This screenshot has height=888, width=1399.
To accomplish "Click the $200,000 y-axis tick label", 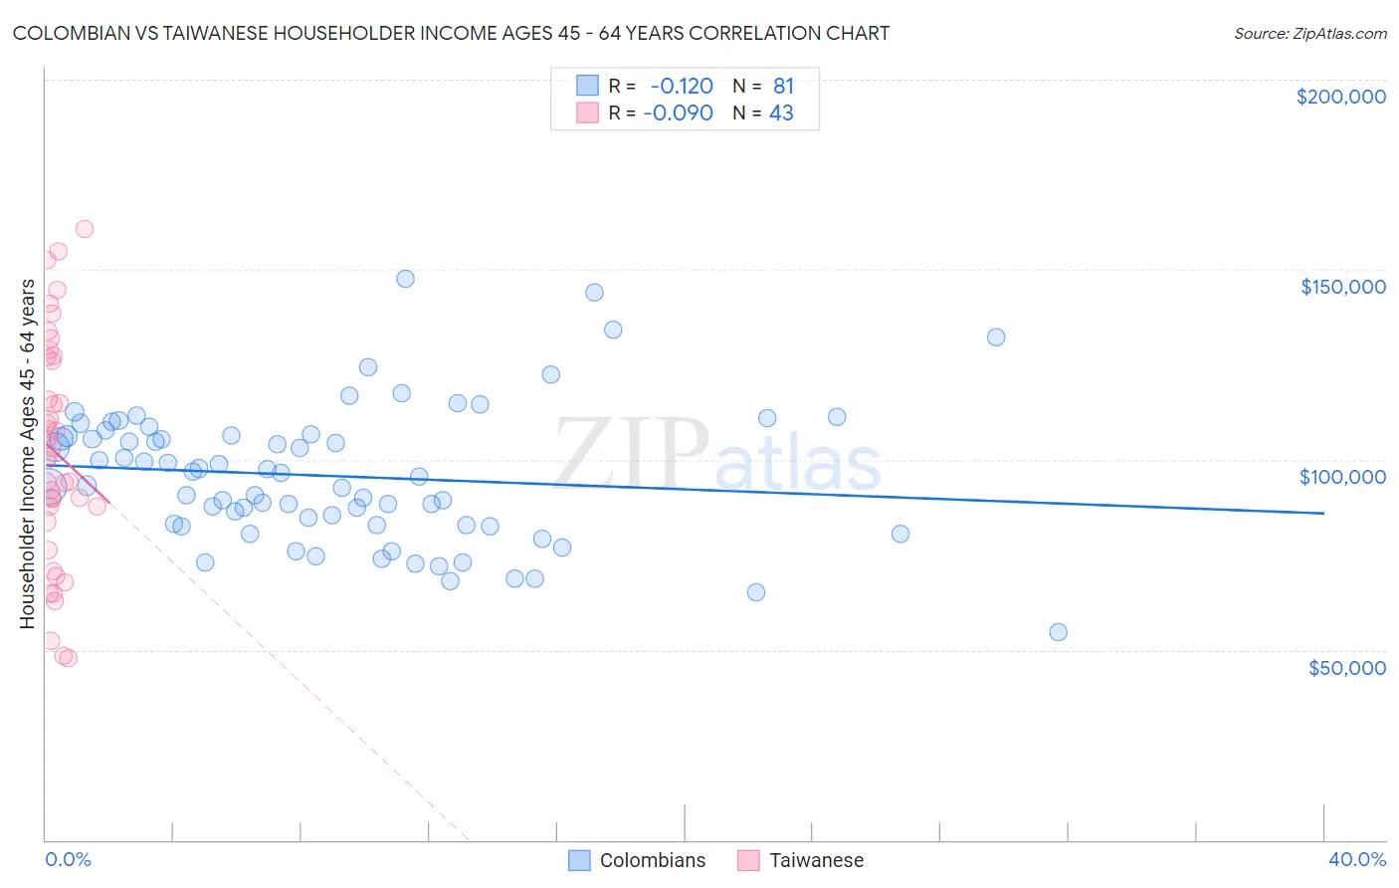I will (1340, 97).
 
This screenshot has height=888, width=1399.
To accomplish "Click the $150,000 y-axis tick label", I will (1342, 287).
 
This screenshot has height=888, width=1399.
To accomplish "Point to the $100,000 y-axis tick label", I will (1342, 477).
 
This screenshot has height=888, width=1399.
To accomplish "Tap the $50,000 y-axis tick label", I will (1346, 667).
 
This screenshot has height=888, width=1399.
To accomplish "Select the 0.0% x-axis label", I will (68, 859).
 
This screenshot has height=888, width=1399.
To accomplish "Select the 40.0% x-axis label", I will (1356, 859).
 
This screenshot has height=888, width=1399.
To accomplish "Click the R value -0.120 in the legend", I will (681, 87).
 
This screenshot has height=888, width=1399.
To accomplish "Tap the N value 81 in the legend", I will (783, 87).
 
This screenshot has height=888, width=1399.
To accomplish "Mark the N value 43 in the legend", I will (781, 113).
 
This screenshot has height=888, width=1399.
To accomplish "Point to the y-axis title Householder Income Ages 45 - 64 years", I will (27, 454).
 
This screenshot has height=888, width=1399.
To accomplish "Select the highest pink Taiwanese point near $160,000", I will (85, 229).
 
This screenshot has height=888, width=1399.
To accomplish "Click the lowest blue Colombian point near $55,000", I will (1058, 632).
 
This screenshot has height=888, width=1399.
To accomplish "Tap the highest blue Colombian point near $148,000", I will (405, 279).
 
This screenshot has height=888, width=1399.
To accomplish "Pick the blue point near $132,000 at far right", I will (996, 337).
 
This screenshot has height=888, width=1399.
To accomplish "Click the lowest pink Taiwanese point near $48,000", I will (68, 658).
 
